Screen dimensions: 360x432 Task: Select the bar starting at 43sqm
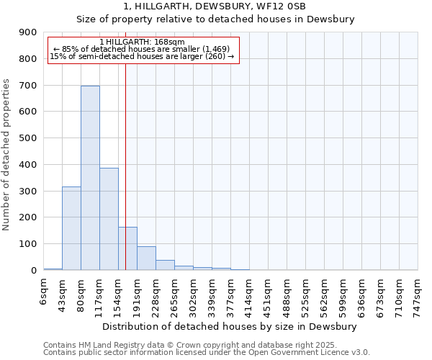click(71, 228)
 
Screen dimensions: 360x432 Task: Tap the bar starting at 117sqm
click(109, 219)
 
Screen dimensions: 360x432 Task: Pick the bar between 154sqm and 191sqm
click(127, 248)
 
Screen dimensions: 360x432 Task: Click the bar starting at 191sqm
click(146, 258)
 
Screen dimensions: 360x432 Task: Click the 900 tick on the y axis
click(28, 32)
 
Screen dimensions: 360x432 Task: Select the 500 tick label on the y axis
click(28, 138)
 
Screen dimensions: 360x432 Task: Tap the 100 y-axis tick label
click(28, 244)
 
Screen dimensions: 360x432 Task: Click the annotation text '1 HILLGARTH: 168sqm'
click(142, 42)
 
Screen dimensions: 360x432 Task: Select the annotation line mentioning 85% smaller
click(142, 49)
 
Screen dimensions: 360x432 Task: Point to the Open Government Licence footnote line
click(207, 353)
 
